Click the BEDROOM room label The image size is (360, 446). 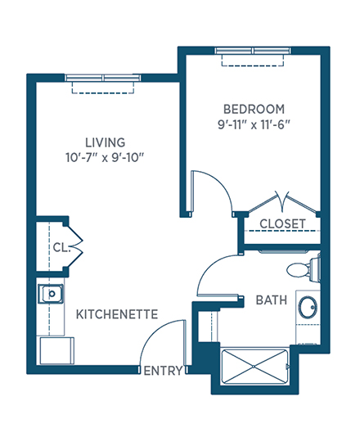[254, 109]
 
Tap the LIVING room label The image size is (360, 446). [106, 142]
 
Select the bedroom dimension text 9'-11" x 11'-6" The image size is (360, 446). [254, 124]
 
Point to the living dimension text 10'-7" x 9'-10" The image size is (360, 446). [106, 158]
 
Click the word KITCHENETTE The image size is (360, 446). [117, 314]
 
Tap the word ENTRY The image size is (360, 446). [163, 371]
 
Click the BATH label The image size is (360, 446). [272, 300]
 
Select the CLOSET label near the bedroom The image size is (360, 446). [282, 224]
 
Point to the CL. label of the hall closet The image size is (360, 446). [61, 247]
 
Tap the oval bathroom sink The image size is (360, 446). [308, 307]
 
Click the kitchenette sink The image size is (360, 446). [51, 294]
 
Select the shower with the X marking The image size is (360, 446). [254, 367]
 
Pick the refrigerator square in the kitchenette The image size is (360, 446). [57, 350]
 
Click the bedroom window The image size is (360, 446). [253, 51]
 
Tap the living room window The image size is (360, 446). [102, 78]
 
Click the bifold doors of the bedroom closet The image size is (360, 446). [282, 202]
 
